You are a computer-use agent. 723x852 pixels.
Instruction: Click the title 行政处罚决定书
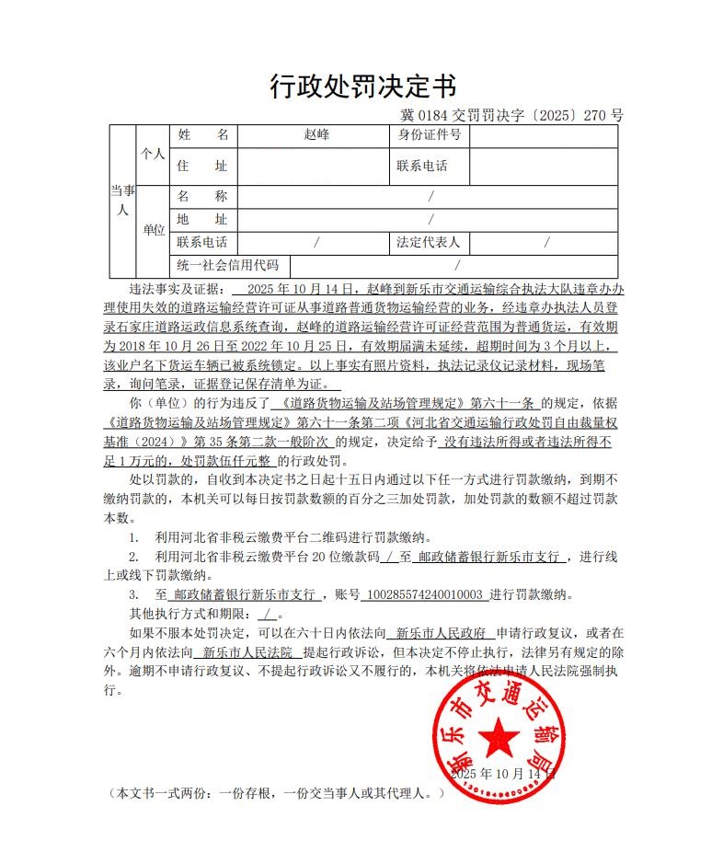(362, 86)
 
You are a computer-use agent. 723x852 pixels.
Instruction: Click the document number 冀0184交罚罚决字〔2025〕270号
(512, 116)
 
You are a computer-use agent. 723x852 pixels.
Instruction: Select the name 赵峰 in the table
(316, 135)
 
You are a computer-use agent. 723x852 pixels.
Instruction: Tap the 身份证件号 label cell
(429, 135)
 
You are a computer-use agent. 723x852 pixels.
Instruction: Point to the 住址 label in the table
(201, 167)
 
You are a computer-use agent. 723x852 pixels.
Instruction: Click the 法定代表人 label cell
(428, 243)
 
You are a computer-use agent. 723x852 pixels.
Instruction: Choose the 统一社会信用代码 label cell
(227, 265)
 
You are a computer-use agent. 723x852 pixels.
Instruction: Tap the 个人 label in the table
(153, 154)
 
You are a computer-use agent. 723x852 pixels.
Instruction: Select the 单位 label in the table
(153, 230)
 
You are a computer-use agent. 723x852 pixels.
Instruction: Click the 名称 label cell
(201, 197)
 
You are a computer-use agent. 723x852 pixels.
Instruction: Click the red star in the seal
(500, 736)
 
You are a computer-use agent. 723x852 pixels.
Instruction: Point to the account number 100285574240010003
(424, 594)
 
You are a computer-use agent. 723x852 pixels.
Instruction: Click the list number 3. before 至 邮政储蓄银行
(133, 594)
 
